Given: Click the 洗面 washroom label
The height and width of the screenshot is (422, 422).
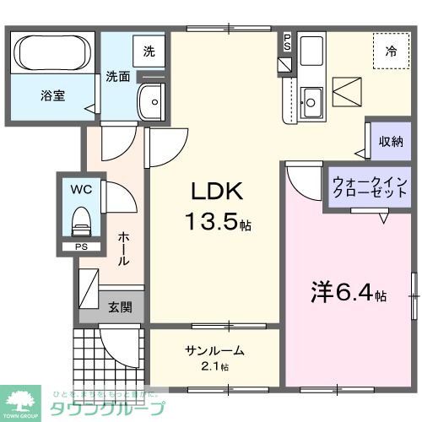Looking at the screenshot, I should (117, 77).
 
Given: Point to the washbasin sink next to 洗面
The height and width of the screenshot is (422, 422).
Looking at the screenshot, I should (153, 102).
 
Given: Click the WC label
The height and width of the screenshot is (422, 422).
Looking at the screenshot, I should (81, 188).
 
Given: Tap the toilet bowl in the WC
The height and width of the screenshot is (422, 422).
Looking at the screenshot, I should (81, 222).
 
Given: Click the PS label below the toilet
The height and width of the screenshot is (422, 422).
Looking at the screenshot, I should (80, 247).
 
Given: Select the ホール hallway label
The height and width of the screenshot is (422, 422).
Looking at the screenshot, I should (123, 249).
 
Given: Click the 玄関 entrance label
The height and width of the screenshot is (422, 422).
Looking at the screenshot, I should (119, 307).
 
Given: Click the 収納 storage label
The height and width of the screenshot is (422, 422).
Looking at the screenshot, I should (390, 141).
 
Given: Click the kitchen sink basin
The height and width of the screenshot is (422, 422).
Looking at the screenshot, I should (311, 102).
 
